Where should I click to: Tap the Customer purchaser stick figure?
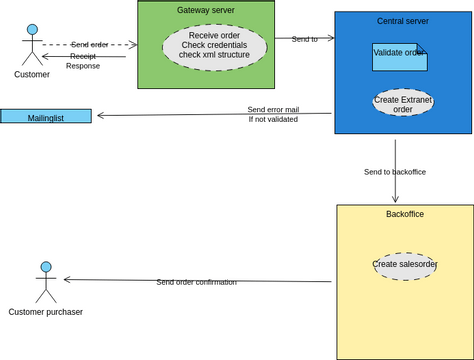pos(44,282)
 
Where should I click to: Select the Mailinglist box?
pos(46,116)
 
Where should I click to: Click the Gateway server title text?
pos(206,9)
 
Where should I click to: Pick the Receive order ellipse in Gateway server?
pos(214,45)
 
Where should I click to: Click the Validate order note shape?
pos(399,56)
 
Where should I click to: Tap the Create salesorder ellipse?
pos(405,265)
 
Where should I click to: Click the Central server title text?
pos(402,20)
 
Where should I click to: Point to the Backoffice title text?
pos(404,214)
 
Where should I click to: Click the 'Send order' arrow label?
pos(90,45)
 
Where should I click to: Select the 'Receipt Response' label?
pos(83,61)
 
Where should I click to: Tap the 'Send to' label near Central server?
pos(304,39)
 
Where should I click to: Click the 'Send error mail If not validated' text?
pos(273,114)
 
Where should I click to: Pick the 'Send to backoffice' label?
pos(394,172)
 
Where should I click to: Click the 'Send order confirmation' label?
pos(196,282)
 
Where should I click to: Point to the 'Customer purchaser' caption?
pos(45,312)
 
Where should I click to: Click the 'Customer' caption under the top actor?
pos(32,75)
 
